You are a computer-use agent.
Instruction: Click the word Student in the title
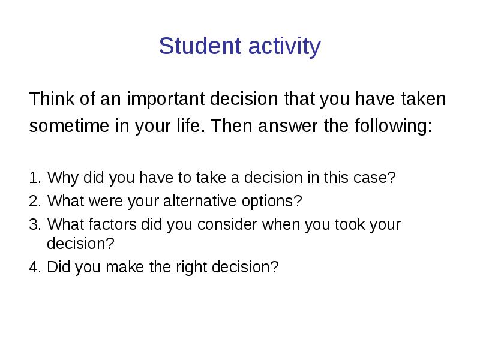tap(200, 46)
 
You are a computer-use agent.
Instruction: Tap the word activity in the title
tap(284, 47)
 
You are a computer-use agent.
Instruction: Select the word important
tap(166, 99)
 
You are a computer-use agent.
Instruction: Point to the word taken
tap(424, 98)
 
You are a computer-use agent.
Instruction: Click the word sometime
tap(69, 126)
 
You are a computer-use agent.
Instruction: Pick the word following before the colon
tap(391, 126)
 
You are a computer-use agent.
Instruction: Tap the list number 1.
tap(35, 178)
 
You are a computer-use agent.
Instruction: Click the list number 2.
tap(35, 201)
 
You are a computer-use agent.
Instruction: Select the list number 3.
tap(35, 224)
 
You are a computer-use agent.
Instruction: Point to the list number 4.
tap(35, 267)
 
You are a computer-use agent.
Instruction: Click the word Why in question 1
tap(63, 178)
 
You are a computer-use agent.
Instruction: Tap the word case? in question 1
tap(374, 178)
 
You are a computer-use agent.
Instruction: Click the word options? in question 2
tap(272, 202)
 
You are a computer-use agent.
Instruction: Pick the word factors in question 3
tap(113, 224)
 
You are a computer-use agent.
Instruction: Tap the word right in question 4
tap(191, 268)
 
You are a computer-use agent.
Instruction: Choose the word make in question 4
tap(125, 267)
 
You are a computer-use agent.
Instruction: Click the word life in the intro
tap(188, 125)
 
